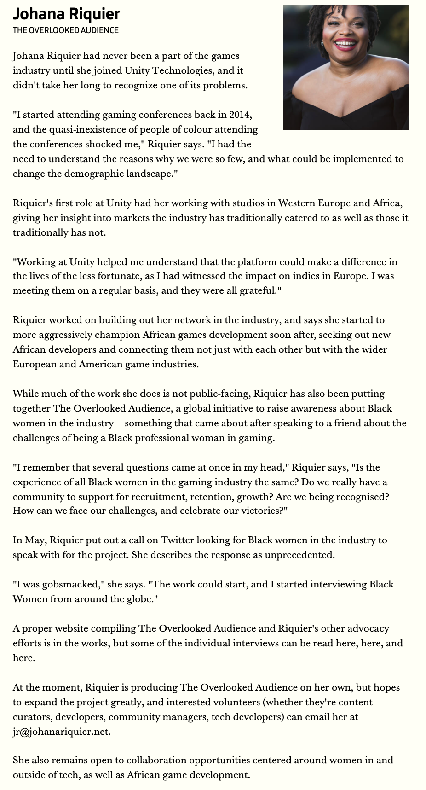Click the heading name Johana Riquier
[66, 14]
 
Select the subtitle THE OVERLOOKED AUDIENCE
[65, 30]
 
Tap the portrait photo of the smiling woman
[345, 67]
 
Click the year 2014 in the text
[240, 115]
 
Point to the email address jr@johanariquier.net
[61, 732]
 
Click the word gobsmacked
[70, 584]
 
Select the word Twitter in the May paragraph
[177, 540]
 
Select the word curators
[31, 717]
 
